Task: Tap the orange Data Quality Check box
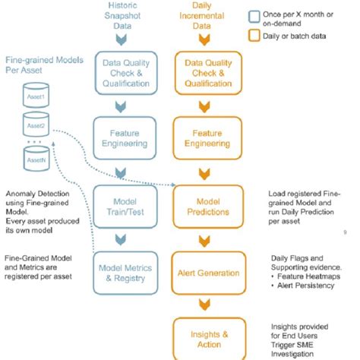click(201, 71)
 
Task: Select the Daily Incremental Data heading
click(201, 16)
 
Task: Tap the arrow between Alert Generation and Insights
click(201, 302)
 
